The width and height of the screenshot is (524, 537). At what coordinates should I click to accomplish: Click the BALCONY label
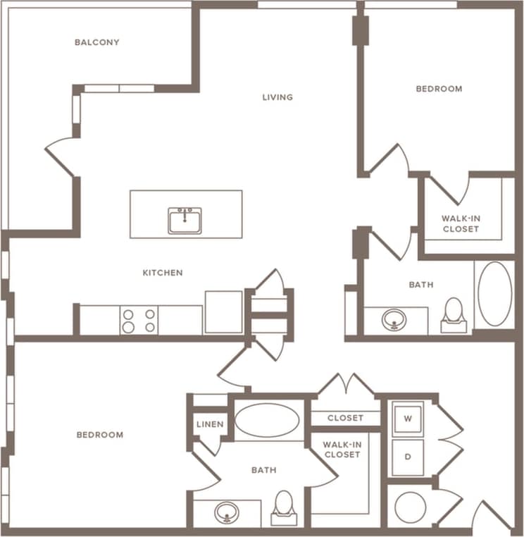(97, 42)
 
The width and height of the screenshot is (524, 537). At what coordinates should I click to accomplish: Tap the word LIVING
(277, 97)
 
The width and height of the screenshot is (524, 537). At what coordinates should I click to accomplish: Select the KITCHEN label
(163, 273)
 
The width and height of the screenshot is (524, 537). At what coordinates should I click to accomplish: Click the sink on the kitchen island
(185, 221)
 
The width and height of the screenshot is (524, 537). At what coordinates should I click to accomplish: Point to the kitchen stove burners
(139, 321)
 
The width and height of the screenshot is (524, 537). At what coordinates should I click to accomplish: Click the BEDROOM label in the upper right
(439, 89)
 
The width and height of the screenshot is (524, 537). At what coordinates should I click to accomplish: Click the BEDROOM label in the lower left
(100, 435)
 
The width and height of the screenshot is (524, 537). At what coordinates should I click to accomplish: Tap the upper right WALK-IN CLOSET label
(461, 223)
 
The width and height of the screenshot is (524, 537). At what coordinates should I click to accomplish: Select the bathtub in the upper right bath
(494, 294)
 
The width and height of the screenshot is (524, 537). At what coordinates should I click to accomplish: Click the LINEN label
(211, 424)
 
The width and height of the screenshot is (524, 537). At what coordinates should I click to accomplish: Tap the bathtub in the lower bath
(267, 420)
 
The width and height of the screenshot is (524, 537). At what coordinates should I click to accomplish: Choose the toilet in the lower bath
(284, 506)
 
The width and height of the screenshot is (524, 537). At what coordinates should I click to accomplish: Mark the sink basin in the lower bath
(225, 512)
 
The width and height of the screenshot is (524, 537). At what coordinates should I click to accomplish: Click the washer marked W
(408, 417)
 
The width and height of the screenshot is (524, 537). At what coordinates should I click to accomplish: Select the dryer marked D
(408, 456)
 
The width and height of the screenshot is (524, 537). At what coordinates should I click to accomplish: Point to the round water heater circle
(410, 507)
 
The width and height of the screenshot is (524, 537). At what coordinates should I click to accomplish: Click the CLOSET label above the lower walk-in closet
(345, 418)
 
